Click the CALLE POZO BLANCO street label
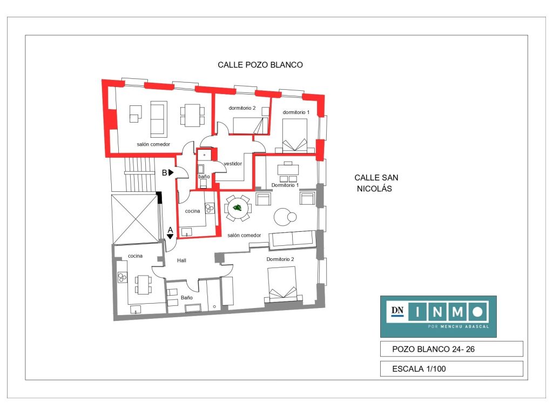[x=260, y=65]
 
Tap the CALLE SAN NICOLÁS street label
[x=376, y=183]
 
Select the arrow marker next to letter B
[x=171, y=172]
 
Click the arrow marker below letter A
[x=170, y=237]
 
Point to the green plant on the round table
[x=238, y=207]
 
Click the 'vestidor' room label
[x=233, y=164]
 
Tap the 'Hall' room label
[x=181, y=260]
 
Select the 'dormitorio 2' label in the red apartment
[x=242, y=108]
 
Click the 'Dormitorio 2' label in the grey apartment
[x=280, y=259]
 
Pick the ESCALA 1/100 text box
[x=451, y=369]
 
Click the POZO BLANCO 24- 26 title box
[x=451, y=349]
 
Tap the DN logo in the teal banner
[x=397, y=311]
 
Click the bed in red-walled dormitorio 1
[x=295, y=136]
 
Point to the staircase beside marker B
[x=140, y=175]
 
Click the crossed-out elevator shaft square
[x=135, y=219]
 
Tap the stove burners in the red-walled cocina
[x=210, y=208]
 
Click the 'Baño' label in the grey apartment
[x=186, y=298]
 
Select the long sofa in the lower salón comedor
[x=292, y=239]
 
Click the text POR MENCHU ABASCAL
[x=458, y=326]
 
